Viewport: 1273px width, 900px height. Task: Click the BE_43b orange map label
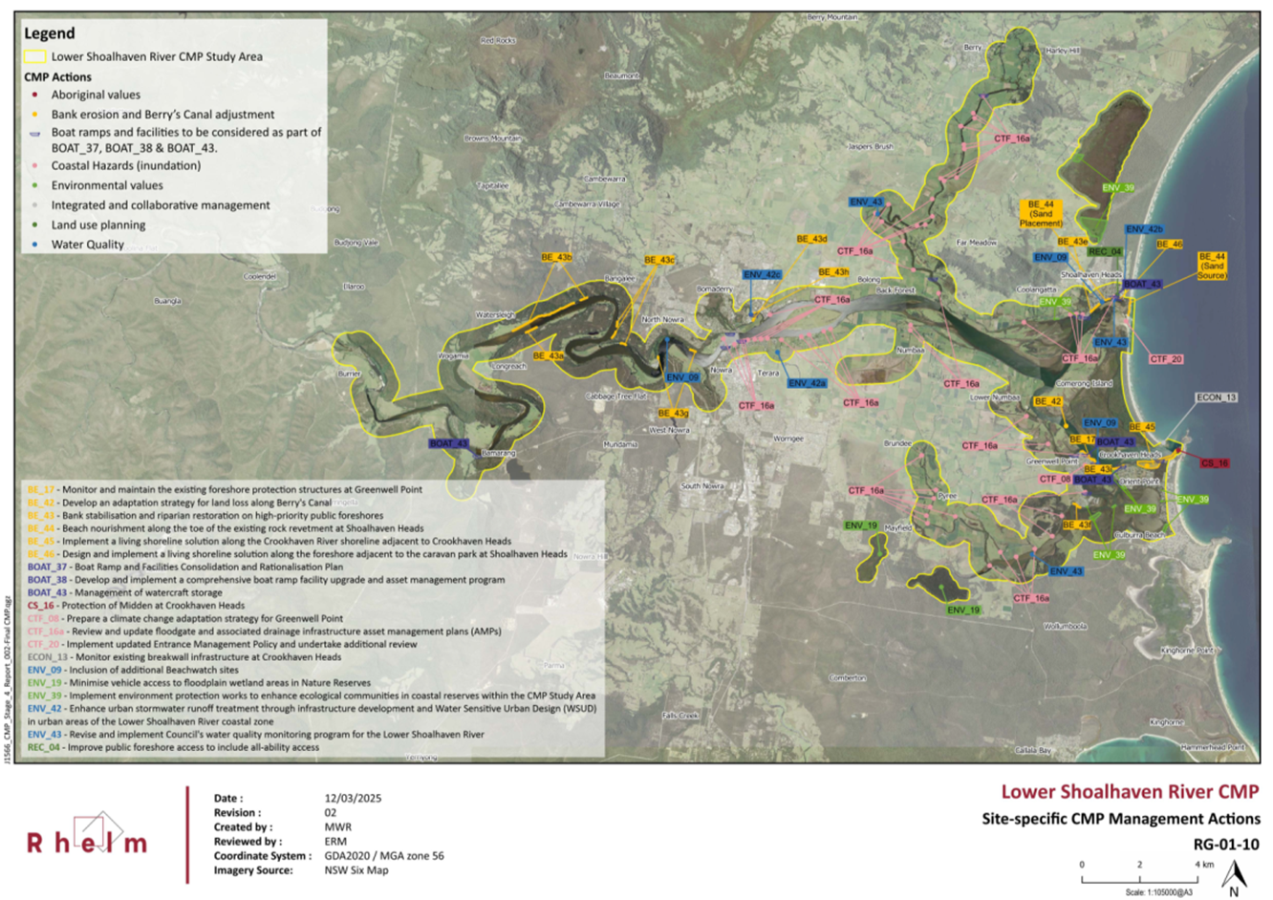point(556,257)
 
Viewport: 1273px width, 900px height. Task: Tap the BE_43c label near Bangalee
point(659,260)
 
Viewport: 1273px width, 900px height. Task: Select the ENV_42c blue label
point(762,275)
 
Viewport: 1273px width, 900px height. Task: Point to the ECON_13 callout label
point(1216,397)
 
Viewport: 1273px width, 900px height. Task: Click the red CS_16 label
point(1214,463)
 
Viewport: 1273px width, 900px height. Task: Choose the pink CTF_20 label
point(1166,359)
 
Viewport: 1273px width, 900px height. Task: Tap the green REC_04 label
point(1105,252)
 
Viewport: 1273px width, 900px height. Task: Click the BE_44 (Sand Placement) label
point(1041,213)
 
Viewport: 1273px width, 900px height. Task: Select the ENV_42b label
point(1144,229)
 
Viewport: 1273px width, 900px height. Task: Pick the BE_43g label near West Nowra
point(673,414)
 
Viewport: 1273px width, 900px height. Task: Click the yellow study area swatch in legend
point(34,56)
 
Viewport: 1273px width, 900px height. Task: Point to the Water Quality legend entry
point(87,245)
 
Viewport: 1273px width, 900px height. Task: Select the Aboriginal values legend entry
point(96,95)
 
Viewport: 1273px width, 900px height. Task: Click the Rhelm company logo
point(87,836)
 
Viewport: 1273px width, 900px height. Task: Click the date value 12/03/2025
point(354,798)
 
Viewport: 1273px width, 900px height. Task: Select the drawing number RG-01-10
point(1226,845)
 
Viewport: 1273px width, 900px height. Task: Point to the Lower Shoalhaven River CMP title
point(1130,792)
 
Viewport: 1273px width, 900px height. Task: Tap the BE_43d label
point(811,239)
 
